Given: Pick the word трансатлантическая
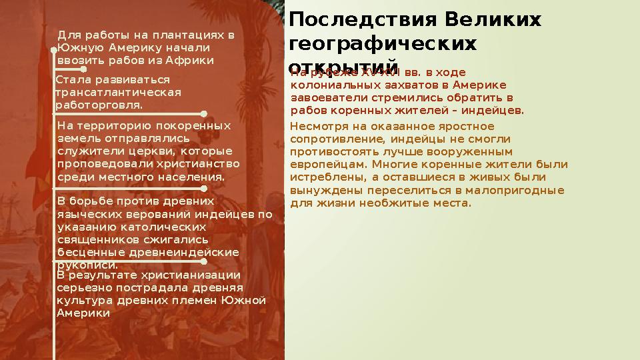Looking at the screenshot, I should point(118,92).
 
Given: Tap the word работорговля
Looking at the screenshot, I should point(99,105).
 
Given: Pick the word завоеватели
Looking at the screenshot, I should point(326,97).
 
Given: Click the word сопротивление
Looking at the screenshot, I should point(330,139).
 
